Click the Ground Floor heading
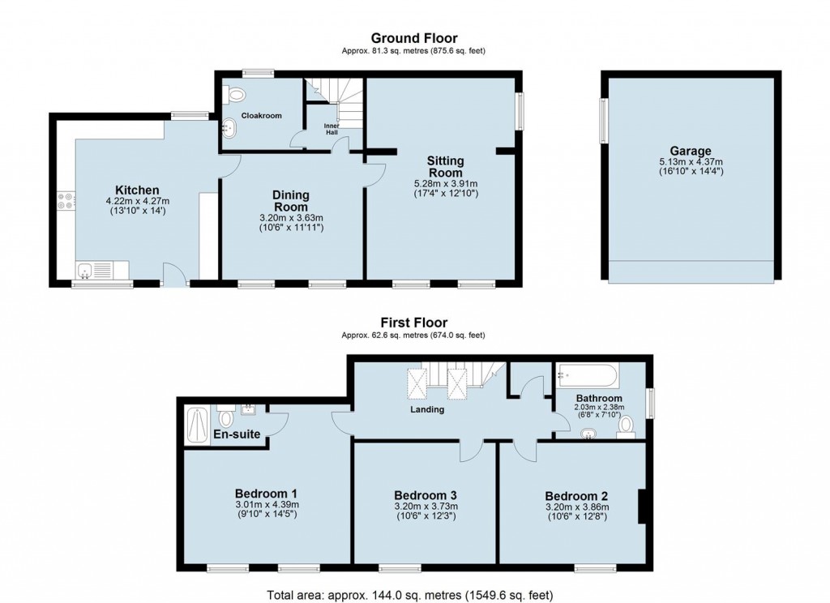(413, 38)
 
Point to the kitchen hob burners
(65, 201)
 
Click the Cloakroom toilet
(236, 95)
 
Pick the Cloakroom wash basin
(229, 127)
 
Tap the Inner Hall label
(332, 130)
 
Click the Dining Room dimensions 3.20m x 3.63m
(291, 218)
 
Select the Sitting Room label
(445, 167)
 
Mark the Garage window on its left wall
(604, 122)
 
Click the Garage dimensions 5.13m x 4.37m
(690, 161)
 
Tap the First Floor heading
(413, 323)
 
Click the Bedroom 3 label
(426, 495)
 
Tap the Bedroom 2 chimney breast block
(641, 507)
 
